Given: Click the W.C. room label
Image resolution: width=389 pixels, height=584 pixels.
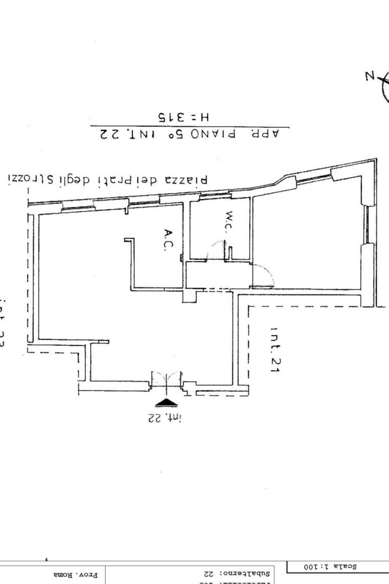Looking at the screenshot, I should [x=229, y=221].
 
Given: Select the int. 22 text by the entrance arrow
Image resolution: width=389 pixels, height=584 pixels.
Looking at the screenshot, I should [x=164, y=418].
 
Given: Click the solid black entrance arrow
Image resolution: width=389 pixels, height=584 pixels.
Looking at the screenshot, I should [x=166, y=403].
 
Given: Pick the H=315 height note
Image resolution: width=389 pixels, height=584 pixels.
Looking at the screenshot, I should [x=184, y=117].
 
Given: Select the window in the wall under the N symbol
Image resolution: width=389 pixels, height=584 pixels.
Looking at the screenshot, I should [x=367, y=224].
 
